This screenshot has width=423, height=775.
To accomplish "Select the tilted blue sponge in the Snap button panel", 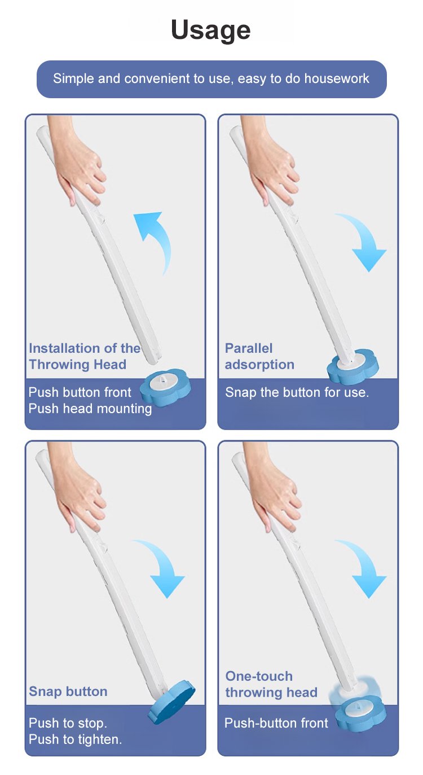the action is tap(172, 703).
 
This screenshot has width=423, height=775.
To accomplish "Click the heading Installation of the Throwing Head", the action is tap(85, 356).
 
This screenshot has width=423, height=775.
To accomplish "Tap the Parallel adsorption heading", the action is tap(259, 356).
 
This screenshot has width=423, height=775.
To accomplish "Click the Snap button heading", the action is tap(68, 691).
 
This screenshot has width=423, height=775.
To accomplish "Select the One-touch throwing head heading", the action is tap(271, 684).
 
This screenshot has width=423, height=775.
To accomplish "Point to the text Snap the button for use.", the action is tap(297, 392).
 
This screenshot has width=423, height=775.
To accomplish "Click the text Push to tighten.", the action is tap(76, 739).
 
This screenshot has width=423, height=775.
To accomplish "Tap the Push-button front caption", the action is tap(276, 723).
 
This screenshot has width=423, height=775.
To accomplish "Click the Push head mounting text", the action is tap(90, 409).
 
